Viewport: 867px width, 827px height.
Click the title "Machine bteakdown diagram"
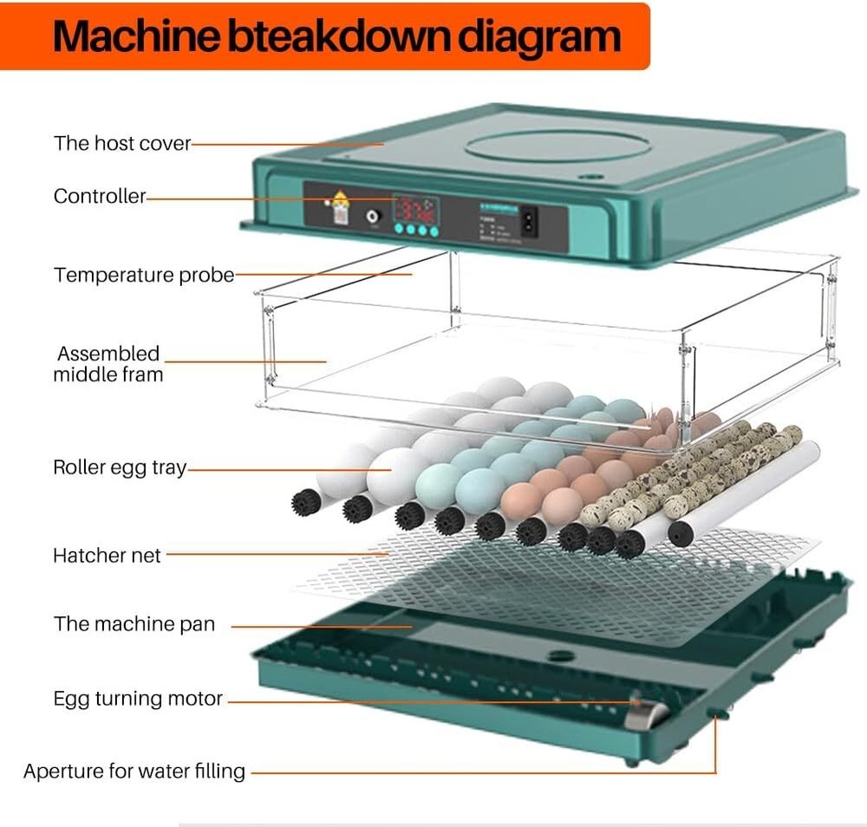336,36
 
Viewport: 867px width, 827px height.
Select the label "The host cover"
122,143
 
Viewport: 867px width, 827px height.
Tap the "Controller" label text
100,196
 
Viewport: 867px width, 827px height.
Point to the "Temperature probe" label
144,275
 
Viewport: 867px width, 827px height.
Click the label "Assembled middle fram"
108,364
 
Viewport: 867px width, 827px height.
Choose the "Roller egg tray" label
120,467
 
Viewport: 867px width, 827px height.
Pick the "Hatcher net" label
107,555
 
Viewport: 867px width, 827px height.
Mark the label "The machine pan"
134,623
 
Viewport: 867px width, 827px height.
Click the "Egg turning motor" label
138,698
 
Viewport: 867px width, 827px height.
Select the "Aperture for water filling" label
134,771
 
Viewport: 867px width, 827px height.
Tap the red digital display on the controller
416,210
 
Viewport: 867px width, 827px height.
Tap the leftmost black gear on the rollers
305,502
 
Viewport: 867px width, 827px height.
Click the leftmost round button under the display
398,231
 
